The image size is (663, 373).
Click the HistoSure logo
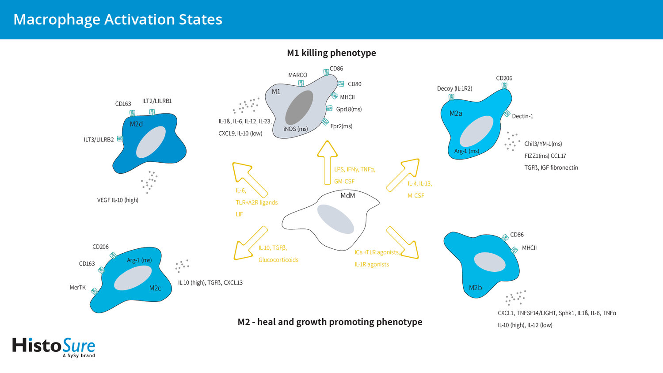(x=53, y=347)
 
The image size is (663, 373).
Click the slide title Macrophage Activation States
(x=118, y=19)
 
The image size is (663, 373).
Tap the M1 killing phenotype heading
(x=331, y=53)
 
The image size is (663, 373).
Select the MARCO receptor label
(x=298, y=75)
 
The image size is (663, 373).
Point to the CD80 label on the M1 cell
(x=354, y=84)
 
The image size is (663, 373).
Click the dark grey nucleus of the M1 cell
(x=299, y=107)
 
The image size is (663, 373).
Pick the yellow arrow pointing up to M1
(x=327, y=163)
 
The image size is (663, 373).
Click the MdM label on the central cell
(x=348, y=195)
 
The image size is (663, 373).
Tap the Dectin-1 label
(x=522, y=116)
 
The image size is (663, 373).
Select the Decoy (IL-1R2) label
(x=455, y=88)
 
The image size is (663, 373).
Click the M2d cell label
(x=136, y=124)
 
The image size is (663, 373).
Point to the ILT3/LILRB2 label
(x=99, y=140)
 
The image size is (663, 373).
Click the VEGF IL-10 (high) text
(x=118, y=200)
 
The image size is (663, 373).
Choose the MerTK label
(x=77, y=287)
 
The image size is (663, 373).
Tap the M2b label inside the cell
(x=475, y=287)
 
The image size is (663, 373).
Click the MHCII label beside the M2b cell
(x=529, y=248)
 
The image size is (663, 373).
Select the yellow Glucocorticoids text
(x=278, y=260)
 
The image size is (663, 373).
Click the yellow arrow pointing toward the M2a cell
(x=403, y=175)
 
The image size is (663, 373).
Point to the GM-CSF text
(x=344, y=182)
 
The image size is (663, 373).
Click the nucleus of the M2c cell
(x=133, y=278)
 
